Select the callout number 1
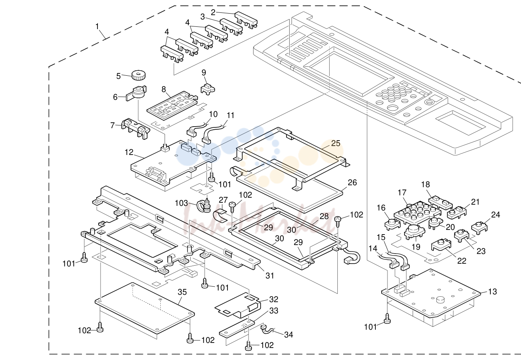[x=97, y=26]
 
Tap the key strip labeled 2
[x=246, y=20]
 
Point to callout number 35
[x=182, y=292]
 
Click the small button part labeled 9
[x=208, y=89]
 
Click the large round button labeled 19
[x=415, y=231]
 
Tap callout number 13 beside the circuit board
[x=492, y=291]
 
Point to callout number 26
[x=352, y=183]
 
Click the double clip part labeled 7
[x=136, y=129]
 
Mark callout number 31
[x=270, y=276]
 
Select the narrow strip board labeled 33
[x=237, y=329]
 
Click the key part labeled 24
[x=479, y=228]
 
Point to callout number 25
[x=336, y=143]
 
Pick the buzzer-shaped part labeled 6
[x=137, y=93]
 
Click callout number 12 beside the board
[x=129, y=152]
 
